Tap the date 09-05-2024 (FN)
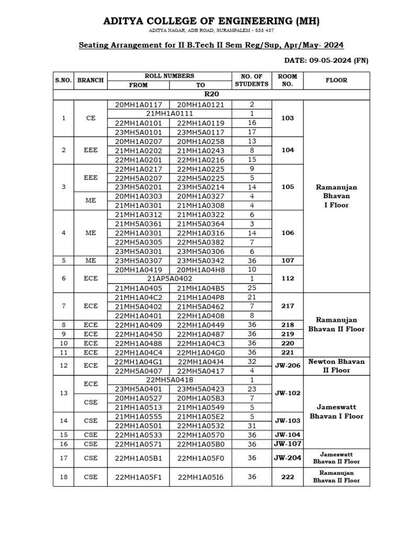[326, 60]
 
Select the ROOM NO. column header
[287, 80]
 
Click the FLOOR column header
[337, 80]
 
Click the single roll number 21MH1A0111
[170, 114]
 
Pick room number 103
[287, 118]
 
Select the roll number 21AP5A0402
[170, 278]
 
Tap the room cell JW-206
[287, 365]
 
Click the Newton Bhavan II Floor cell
[337, 365]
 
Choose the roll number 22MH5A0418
[170, 379]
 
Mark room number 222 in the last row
[287, 477]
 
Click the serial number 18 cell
[64, 477]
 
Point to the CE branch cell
[91, 118]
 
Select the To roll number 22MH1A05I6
[200, 477]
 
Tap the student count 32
[252, 361]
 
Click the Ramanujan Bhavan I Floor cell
[337, 196]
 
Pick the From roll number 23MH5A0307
[138, 260]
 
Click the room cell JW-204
[287, 457]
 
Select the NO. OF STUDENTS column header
[252, 80]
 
